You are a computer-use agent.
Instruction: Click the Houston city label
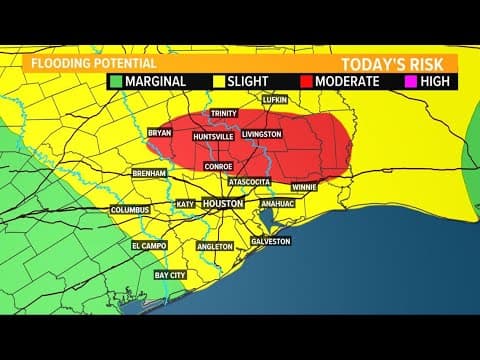coord(223,203)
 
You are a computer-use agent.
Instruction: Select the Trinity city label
coord(225,115)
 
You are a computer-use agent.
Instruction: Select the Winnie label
coord(304,186)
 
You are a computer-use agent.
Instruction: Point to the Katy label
coord(185,204)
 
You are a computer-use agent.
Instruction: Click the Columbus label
coord(130,210)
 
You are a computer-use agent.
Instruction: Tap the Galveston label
coord(270,241)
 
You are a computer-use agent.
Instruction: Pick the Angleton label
coord(215,246)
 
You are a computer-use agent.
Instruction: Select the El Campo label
coord(147,245)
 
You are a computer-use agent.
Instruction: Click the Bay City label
coord(169,274)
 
